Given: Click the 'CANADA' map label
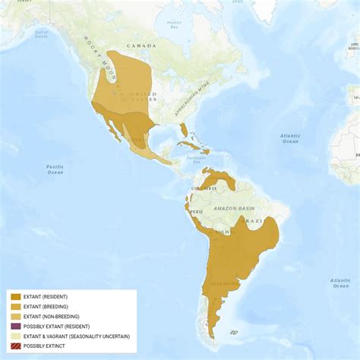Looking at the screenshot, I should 141,46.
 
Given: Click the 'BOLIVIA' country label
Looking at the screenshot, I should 221,230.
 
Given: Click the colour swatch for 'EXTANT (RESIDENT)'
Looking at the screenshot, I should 15,297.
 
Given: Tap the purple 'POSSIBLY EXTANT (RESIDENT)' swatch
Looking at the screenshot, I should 15,327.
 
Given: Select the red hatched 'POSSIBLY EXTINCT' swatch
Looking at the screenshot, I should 15,346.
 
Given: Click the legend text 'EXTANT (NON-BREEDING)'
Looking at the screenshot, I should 51,317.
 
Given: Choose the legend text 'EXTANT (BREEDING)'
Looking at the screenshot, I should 46,307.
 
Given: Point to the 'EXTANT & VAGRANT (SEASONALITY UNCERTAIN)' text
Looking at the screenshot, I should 76,336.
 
